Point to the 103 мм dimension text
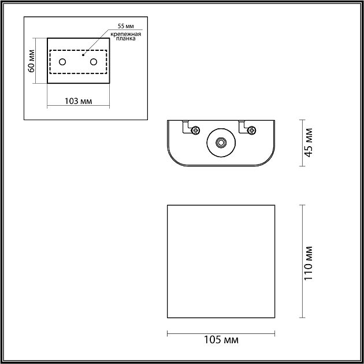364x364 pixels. pyautogui.click(x=77, y=101)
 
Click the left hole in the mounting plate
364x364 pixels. pyautogui.click(x=63, y=62)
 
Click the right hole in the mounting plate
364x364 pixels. pyautogui.click(x=93, y=62)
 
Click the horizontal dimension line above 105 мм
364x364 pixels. pyautogui.click(x=221, y=333)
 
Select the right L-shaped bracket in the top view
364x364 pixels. pyautogui.click(x=242, y=125)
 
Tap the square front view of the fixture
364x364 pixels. pyautogui.click(x=221, y=261)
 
